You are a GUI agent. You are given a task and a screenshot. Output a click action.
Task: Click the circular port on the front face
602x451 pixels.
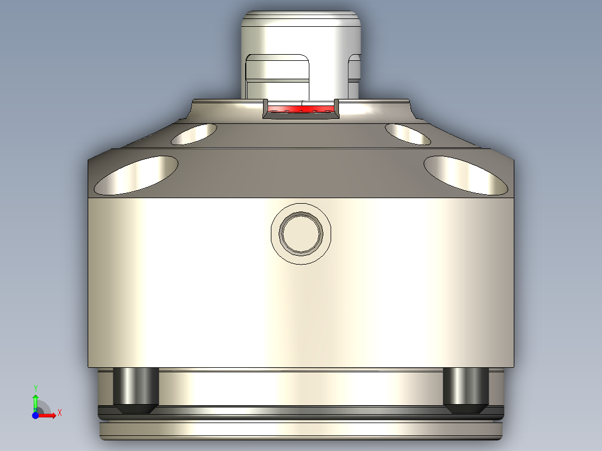point(301,233)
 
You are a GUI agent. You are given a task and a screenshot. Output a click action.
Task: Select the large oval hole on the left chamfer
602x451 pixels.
point(136,175)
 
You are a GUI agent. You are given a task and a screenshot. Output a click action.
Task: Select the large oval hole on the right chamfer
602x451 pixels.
point(465,175)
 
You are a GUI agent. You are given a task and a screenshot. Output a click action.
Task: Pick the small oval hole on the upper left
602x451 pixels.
point(194,134)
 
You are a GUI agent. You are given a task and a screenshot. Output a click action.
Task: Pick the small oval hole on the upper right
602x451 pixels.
point(408,134)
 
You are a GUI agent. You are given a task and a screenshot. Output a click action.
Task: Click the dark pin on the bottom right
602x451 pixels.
point(466,390)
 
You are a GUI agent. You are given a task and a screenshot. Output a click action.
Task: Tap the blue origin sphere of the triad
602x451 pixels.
point(35,415)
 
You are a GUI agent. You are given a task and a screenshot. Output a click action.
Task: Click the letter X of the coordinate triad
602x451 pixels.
point(60,412)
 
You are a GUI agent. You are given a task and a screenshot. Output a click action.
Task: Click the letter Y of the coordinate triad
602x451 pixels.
point(35,387)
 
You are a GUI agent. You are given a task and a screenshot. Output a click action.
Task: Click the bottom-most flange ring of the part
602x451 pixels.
point(301,431)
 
